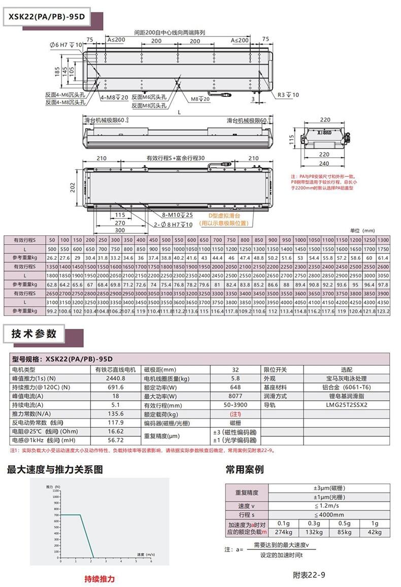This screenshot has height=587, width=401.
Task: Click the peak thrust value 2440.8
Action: [x=117, y=378]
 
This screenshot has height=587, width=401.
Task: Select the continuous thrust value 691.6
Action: [x=117, y=387]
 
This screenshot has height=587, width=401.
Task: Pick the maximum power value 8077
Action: [x=236, y=396]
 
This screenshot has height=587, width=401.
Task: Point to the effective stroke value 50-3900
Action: [x=236, y=405]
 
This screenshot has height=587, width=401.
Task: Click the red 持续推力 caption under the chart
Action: [x=99, y=579]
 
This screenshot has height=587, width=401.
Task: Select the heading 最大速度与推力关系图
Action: [x=55, y=469]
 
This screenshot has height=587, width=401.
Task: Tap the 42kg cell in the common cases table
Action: [x=374, y=532]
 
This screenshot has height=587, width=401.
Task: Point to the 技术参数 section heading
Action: [x=35, y=334]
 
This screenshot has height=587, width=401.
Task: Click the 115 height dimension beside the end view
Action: [x=291, y=139]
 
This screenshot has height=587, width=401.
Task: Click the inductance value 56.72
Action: [x=117, y=440]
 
